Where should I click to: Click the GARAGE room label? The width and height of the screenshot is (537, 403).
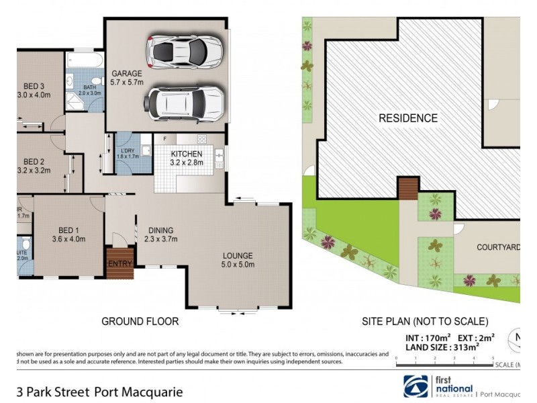(x=126, y=73)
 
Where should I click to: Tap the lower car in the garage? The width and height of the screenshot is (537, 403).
(x=183, y=102)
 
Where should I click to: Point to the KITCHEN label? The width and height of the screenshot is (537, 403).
(x=187, y=154)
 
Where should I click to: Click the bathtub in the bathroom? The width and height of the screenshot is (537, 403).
(x=84, y=64)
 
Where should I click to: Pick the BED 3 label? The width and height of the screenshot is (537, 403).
(x=33, y=85)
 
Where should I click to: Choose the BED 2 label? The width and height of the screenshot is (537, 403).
(x=34, y=161)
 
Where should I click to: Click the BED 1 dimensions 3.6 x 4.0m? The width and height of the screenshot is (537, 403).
(x=68, y=238)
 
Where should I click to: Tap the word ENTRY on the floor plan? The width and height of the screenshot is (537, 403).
(x=120, y=263)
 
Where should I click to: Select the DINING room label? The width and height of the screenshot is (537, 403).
(x=160, y=230)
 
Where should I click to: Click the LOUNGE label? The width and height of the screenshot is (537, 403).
(x=238, y=255)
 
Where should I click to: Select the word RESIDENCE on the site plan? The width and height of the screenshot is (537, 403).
(x=408, y=118)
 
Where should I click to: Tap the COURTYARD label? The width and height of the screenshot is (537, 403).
(x=498, y=247)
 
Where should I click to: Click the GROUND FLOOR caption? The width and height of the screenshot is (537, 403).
(x=140, y=322)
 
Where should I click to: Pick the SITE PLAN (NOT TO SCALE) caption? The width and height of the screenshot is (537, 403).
(x=425, y=322)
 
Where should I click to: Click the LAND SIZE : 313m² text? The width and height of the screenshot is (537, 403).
(x=440, y=347)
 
